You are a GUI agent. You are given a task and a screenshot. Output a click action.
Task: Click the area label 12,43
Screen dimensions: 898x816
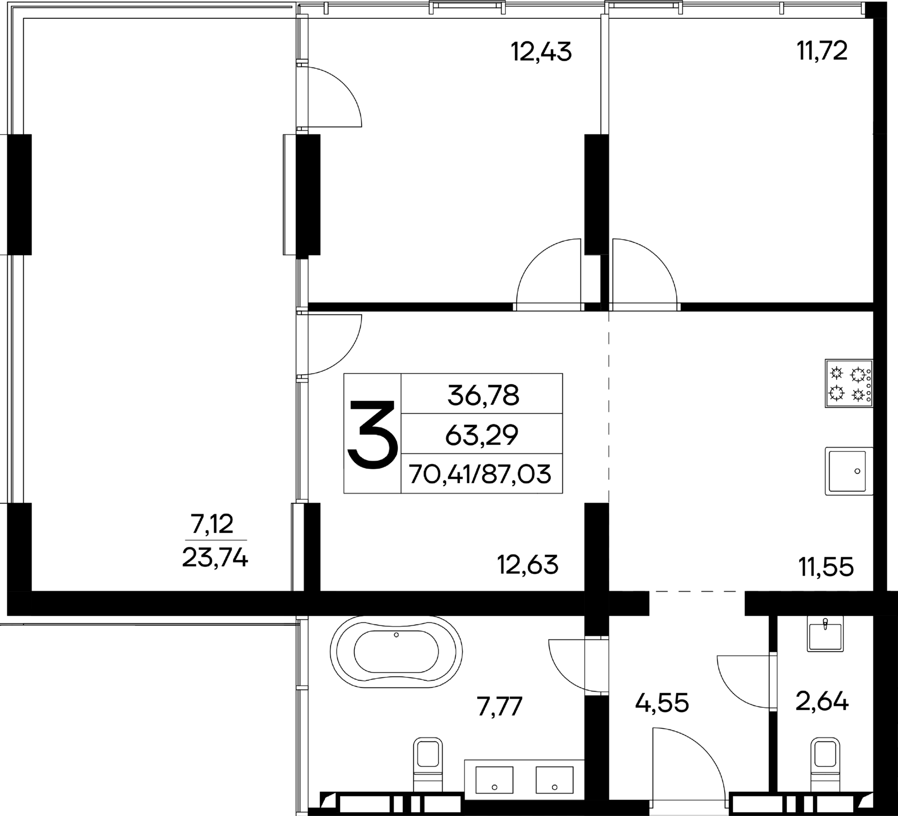pyautogui.click(x=541, y=52)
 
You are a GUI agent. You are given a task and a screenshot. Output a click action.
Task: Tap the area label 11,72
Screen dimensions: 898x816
pyautogui.click(x=822, y=51)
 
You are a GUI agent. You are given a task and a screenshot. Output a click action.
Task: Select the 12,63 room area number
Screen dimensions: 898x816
pyautogui.click(x=528, y=565)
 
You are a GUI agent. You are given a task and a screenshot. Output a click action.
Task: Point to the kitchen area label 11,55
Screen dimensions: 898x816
pyautogui.click(x=826, y=567)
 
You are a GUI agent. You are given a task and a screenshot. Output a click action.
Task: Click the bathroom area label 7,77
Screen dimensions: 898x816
pyautogui.click(x=500, y=707)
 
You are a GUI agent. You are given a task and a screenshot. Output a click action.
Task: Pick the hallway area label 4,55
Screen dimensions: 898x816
pyautogui.click(x=662, y=703)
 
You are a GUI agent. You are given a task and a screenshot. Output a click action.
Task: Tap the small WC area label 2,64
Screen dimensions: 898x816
pyautogui.click(x=822, y=702)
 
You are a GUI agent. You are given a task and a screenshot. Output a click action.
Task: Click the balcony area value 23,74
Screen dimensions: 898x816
pyautogui.click(x=215, y=558)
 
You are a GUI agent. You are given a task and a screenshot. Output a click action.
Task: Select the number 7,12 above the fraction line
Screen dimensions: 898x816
pyautogui.click(x=212, y=524)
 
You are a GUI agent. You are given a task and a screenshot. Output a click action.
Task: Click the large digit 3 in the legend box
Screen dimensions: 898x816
pyautogui.click(x=372, y=434)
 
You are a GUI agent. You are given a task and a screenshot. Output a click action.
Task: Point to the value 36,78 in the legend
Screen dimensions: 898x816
pyautogui.click(x=483, y=395)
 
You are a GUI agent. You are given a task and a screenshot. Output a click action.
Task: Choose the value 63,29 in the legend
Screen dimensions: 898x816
pyautogui.click(x=482, y=435)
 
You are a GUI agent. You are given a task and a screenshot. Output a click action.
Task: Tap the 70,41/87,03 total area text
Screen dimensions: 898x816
pyautogui.click(x=480, y=474)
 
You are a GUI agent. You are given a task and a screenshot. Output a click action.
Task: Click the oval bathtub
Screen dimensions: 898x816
pyautogui.click(x=396, y=651)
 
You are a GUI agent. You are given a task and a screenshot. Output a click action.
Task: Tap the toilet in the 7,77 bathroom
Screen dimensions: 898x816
pyautogui.click(x=427, y=770)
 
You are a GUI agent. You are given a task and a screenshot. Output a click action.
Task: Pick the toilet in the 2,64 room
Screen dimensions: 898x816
pyautogui.click(x=825, y=770)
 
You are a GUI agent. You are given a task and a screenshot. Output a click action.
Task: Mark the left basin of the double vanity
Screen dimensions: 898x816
pyautogui.click(x=494, y=786)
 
